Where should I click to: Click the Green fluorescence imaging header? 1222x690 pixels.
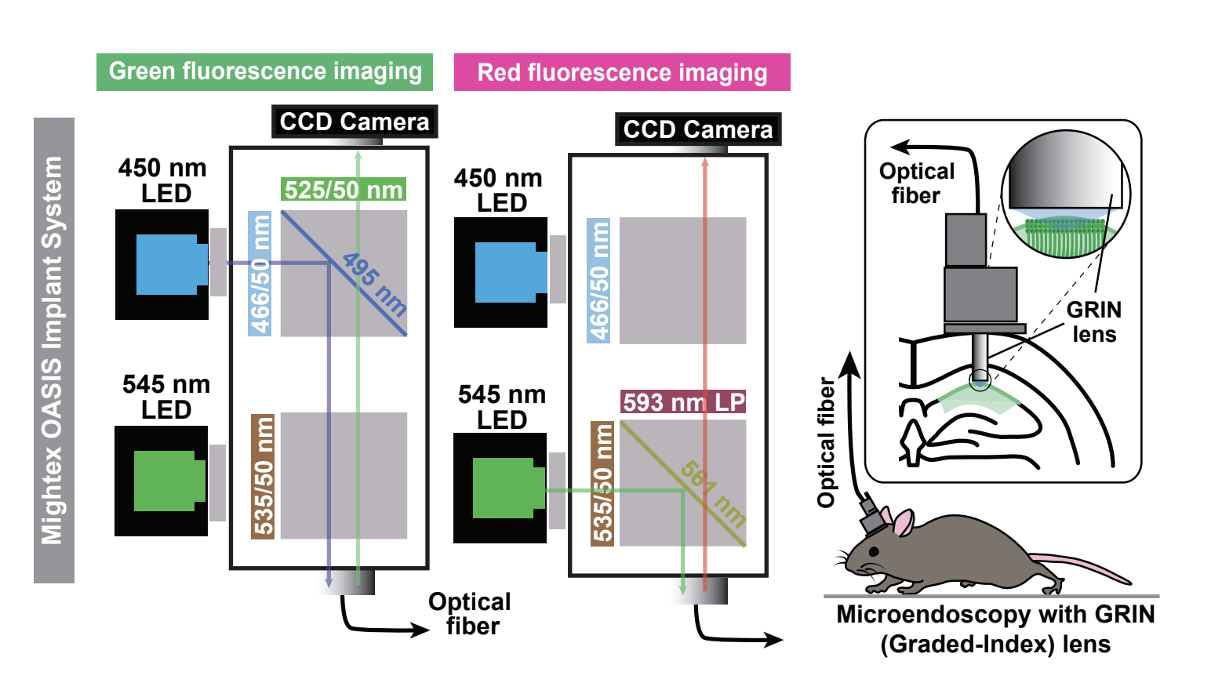pos(264,71)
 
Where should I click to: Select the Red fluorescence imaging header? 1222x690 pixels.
pos(622,73)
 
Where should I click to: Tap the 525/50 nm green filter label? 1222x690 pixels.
pos(344,190)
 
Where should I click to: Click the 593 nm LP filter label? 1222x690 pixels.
pos(683,402)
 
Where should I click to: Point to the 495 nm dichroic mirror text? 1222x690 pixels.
pos(374,284)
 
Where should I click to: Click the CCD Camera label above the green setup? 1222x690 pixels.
pos(355,122)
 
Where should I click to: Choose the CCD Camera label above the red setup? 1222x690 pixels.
pos(698,129)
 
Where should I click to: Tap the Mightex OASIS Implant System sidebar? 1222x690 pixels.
pos(53,350)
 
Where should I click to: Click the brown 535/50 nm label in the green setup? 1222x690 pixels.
pos(263,476)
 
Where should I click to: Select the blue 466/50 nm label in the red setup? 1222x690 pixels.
pos(598,281)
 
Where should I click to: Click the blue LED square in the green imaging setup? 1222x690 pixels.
pos(168,264)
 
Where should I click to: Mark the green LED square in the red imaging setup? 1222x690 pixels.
pos(504,488)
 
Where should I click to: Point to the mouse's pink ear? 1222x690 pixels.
pos(904,522)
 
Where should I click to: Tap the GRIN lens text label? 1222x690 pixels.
pos(1094,321)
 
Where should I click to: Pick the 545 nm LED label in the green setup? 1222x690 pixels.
pos(166,397)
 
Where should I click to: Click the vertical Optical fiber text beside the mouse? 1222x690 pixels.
pos(826,442)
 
